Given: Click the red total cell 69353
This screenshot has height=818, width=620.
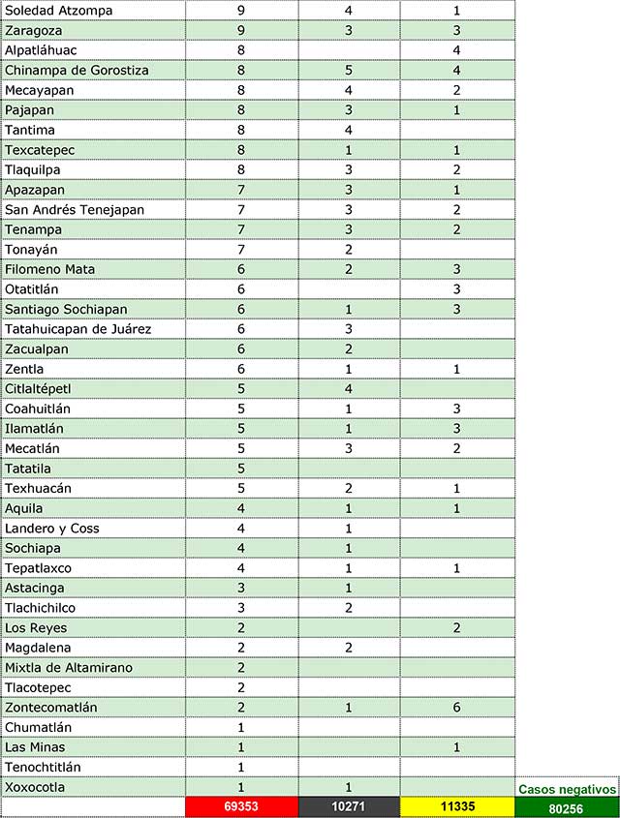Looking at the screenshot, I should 240,806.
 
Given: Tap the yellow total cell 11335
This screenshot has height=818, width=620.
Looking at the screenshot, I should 456,806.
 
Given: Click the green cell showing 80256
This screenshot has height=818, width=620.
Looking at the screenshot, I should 567,807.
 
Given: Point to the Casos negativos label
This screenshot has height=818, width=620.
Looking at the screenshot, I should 567,789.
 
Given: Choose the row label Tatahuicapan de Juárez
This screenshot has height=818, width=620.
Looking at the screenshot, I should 78,329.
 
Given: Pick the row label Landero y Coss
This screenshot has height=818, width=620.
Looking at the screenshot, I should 52,528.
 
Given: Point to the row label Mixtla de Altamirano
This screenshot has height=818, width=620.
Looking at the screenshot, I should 69,667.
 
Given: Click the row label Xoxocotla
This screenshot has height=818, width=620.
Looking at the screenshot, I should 35,787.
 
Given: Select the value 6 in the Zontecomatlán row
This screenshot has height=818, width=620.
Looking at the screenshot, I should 456,708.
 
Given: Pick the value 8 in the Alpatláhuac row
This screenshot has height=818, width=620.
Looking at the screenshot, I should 240,49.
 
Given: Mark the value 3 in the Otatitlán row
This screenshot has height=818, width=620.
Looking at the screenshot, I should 456,288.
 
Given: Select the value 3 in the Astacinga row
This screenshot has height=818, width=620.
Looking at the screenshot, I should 240,588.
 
